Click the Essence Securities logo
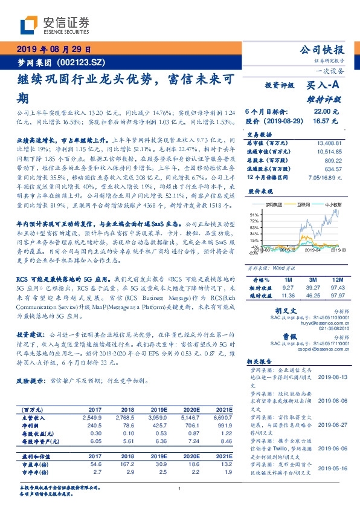point(55,24)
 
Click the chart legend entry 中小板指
point(332,205)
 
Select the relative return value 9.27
point(286,288)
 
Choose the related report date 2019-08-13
point(330,376)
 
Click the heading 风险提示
point(32,381)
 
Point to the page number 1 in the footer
point(180,488)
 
